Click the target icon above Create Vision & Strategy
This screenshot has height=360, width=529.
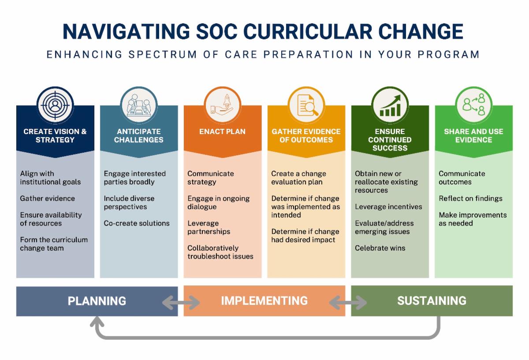coord(55,105)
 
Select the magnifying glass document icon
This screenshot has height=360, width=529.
coord(306,105)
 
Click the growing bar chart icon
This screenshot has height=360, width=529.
coord(390,105)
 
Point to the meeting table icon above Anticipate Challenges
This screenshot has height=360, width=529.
coord(139,105)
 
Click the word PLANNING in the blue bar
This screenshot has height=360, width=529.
coord(97,301)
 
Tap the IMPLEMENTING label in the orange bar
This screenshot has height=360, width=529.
coord(264,301)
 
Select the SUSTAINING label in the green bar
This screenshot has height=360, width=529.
coord(432,301)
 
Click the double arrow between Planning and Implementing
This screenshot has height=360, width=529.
coord(181,302)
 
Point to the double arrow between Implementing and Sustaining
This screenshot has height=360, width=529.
coord(348,302)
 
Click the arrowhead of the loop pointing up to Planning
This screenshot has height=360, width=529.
coord(97,322)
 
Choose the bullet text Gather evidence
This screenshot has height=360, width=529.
coord(47,199)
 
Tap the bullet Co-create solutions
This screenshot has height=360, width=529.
coord(137,223)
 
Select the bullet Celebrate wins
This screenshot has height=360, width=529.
coord(380,248)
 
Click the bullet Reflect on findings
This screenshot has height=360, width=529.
coord(470,199)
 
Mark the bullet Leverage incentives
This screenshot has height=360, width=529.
coord(388,207)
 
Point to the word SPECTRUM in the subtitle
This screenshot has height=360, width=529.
coord(163,55)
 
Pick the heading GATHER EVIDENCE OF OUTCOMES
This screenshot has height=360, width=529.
coord(306,136)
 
